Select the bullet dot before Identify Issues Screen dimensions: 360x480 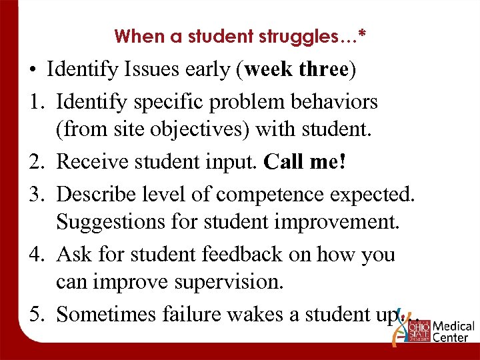click(32, 71)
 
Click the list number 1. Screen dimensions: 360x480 click(35, 102)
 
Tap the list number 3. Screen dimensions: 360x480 click(35, 194)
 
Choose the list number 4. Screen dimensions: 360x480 click(35, 254)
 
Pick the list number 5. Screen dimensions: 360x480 click(35, 314)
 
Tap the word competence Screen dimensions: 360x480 click(275, 194)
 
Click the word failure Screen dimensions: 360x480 click(191, 314)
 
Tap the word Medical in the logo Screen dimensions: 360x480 click(454, 327)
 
